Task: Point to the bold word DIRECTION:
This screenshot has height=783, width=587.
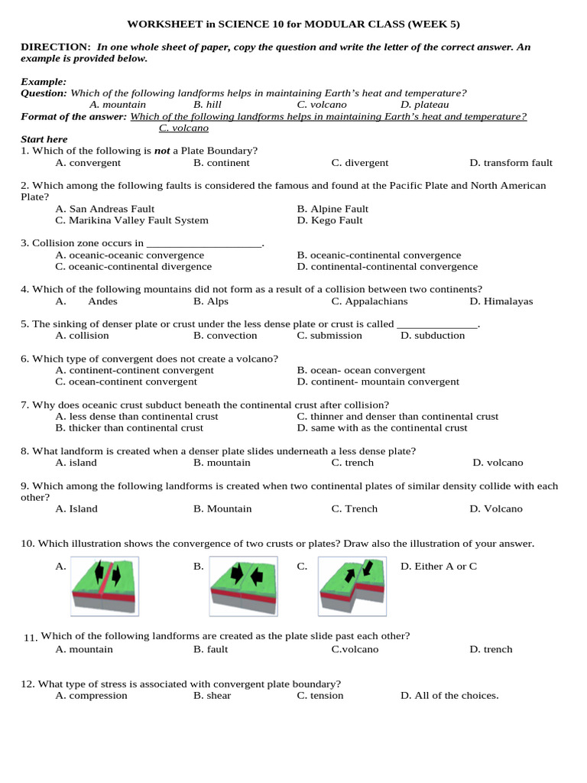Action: pyautogui.click(x=56, y=47)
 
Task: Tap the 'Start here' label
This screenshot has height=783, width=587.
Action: pyautogui.click(x=44, y=139)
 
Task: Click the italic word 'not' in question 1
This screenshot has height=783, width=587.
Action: pyautogui.click(x=162, y=151)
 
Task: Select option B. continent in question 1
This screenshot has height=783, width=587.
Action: pyautogui.click(x=222, y=163)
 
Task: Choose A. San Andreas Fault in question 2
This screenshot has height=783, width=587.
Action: pyautogui.click(x=105, y=209)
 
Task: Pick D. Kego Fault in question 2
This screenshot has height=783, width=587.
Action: pyautogui.click(x=330, y=220)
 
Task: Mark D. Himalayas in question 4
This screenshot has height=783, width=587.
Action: pyautogui.click(x=501, y=301)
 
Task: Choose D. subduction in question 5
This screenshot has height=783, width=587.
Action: pyautogui.click(x=433, y=336)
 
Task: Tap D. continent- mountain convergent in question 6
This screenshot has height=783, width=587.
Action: pyautogui.click(x=378, y=382)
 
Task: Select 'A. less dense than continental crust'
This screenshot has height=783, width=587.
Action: pyautogui.click(x=137, y=417)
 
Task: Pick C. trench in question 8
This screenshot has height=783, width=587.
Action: pyautogui.click(x=352, y=463)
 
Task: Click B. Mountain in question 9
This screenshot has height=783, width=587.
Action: pyautogui.click(x=222, y=508)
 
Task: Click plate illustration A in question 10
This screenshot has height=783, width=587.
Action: pyautogui.click(x=105, y=586)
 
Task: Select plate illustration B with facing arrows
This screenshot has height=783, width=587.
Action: pyautogui.click(x=243, y=586)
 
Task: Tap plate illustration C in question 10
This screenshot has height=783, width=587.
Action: pyautogui.click(x=352, y=586)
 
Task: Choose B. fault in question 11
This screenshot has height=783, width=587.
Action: pyautogui.click(x=211, y=649)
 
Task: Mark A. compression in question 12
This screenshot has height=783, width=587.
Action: pyautogui.click(x=92, y=696)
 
